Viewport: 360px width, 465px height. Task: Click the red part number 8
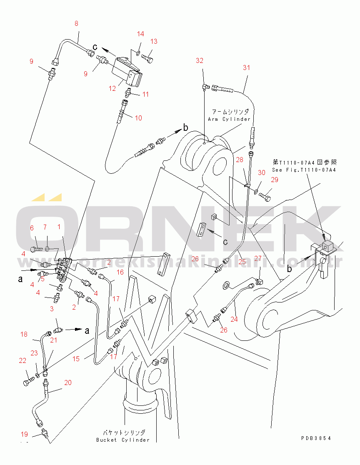click(x=77, y=23)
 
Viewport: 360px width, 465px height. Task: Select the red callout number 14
click(x=140, y=34)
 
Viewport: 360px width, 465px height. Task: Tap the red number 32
click(x=200, y=60)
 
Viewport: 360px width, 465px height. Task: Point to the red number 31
click(x=246, y=67)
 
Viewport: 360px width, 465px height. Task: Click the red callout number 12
click(x=112, y=88)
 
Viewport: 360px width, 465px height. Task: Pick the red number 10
click(x=138, y=118)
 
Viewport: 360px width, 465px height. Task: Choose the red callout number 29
click(x=275, y=180)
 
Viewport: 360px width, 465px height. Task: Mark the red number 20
click(x=68, y=382)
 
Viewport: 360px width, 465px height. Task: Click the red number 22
click(x=22, y=360)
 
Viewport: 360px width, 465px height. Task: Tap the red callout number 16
click(x=120, y=272)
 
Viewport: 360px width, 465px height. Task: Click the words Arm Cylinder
click(x=229, y=119)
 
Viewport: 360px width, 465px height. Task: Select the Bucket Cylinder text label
click(x=123, y=440)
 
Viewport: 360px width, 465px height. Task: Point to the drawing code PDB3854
click(x=316, y=438)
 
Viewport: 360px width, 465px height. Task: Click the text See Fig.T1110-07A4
click(x=304, y=170)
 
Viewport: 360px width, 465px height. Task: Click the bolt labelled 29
click(x=265, y=197)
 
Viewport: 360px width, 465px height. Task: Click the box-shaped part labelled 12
click(x=127, y=72)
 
